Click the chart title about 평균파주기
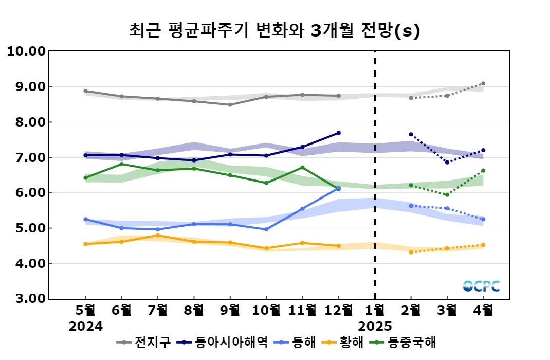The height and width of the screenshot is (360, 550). (274, 31)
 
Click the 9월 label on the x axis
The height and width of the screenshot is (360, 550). (230, 310)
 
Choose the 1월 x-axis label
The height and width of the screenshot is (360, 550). (375, 310)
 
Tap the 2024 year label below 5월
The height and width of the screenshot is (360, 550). (86, 326)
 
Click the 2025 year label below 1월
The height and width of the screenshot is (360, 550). (375, 326)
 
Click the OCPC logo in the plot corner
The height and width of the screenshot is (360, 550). (481, 286)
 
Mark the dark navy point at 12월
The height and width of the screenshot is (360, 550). (338, 133)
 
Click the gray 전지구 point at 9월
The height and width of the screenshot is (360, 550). (230, 105)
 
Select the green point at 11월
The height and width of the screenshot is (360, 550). (302, 167)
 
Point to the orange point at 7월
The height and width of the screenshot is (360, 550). (158, 235)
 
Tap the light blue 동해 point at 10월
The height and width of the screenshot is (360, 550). (266, 229)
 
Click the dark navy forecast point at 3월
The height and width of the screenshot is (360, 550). (447, 163)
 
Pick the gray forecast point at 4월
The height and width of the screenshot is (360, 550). (483, 83)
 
